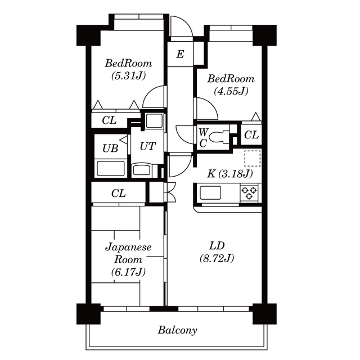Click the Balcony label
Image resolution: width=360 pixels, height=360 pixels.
pyautogui.click(x=177, y=330)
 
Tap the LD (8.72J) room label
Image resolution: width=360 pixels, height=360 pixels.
pyautogui.click(x=217, y=252)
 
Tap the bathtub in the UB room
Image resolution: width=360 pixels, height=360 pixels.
pyautogui.click(x=110, y=168)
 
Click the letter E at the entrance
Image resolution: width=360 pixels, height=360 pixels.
pyautogui.click(x=180, y=55)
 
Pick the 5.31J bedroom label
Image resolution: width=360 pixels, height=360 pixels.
pyautogui.click(x=128, y=69)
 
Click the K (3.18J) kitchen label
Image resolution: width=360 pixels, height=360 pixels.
pyautogui.click(x=229, y=173)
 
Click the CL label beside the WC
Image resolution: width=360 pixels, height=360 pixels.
pyautogui.click(x=251, y=135)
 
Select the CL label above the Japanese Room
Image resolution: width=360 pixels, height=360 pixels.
pyautogui.click(x=118, y=193)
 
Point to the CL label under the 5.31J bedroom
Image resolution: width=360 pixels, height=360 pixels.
pyautogui.click(x=110, y=120)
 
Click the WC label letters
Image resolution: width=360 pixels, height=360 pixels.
pyautogui.click(x=202, y=137)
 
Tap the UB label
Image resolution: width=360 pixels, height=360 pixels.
pyautogui.click(x=110, y=148)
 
